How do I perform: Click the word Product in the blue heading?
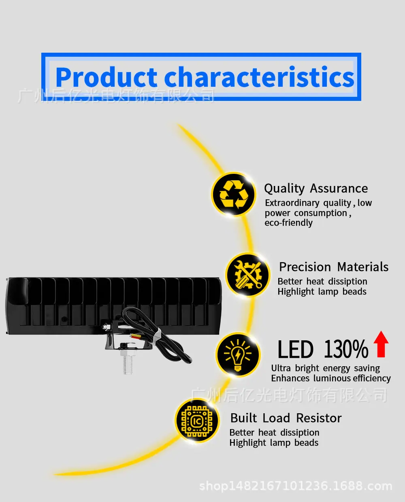point(106,77)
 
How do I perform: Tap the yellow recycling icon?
point(233,194)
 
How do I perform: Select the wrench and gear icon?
point(248,275)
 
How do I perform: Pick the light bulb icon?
point(238,355)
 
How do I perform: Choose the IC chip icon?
point(197,421)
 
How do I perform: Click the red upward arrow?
point(381,344)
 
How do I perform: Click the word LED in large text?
point(295,349)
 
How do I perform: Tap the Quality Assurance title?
point(316,189)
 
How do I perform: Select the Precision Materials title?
point(334,267)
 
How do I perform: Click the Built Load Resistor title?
point(286,418)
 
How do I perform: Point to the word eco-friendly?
point(289,223)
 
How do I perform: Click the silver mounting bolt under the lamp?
point(128,361)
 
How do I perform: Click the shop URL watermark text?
point(296,486)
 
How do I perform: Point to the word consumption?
point(321,213)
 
